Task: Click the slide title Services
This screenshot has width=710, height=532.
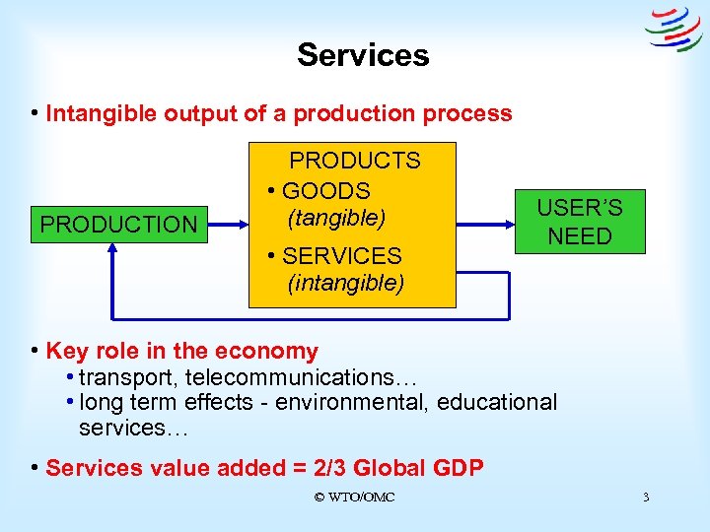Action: tap(363, 54)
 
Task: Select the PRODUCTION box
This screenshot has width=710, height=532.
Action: tap(118, 225)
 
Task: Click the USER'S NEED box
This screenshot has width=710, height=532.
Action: tap(580, 222)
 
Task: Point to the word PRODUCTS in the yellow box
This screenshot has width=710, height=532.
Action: tap(354, 161)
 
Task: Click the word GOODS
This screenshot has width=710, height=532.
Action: tap(325, 191)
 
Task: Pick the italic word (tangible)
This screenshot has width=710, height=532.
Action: tap(335, 216)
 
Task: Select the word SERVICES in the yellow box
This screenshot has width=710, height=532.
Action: tap(341, 256)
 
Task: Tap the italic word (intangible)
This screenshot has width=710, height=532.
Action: tap(345, 284)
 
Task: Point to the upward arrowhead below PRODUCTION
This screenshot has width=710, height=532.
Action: tap(114, 250)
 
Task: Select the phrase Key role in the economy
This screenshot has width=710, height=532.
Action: tap(182, 352)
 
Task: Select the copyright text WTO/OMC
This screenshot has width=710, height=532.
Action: tap(354, 498)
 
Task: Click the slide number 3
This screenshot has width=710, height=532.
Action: tap(646, 498)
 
